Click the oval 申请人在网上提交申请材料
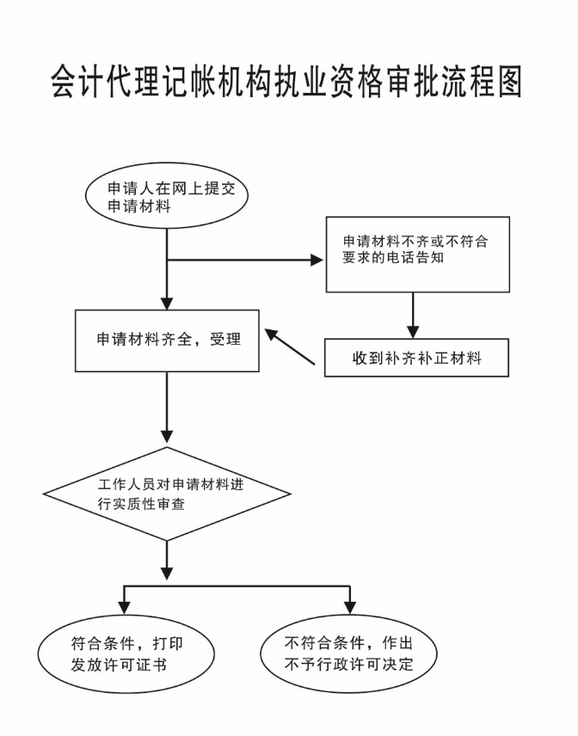tap(167, 199)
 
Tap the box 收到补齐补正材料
tap(417, 358)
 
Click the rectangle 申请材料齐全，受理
tap(167, 340)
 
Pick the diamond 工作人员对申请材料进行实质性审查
tap(167, 494)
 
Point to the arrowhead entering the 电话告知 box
tap(317, 260)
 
